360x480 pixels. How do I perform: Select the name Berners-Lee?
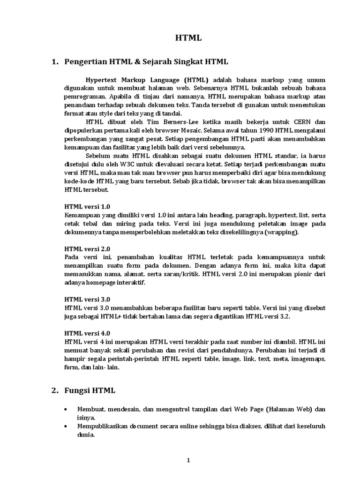(161, 122)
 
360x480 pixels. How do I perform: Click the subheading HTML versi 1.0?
(87, 207)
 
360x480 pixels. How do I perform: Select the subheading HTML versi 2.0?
(87, 249)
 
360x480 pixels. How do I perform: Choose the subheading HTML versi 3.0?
(87, 299)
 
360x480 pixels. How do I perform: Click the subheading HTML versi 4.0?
(87, 333)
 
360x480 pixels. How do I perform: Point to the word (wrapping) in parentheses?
(280, 232)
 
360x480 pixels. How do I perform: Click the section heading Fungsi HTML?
(90, 390)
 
